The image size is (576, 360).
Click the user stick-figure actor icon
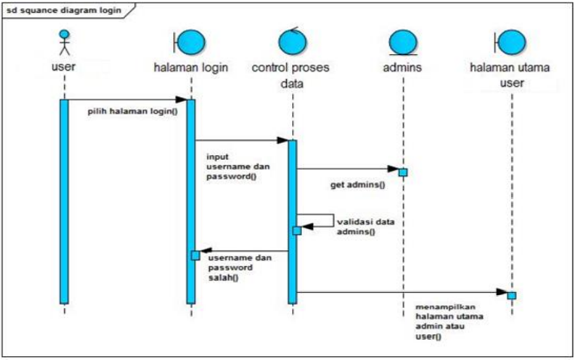64,42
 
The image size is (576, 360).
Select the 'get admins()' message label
357,184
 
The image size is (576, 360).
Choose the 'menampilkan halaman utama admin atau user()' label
449,322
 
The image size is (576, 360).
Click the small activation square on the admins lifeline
403,172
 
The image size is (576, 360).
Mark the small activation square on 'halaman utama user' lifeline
511,294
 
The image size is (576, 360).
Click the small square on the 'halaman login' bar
195,255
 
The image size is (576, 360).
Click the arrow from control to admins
347,169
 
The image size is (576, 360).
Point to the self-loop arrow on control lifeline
324,220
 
